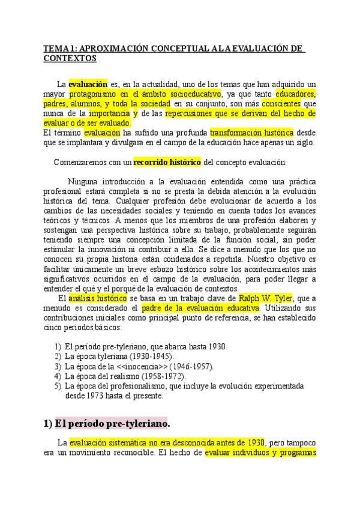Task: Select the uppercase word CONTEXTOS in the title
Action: (x=70, y=58)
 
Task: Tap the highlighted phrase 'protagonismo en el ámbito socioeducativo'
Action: (x=144, y=94)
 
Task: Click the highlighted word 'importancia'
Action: (x=109, y=113)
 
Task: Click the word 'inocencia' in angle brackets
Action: (x=141, y=366)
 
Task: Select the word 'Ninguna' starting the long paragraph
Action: (x=83, y=181)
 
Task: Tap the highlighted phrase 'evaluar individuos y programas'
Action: (x=260, y=453)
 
